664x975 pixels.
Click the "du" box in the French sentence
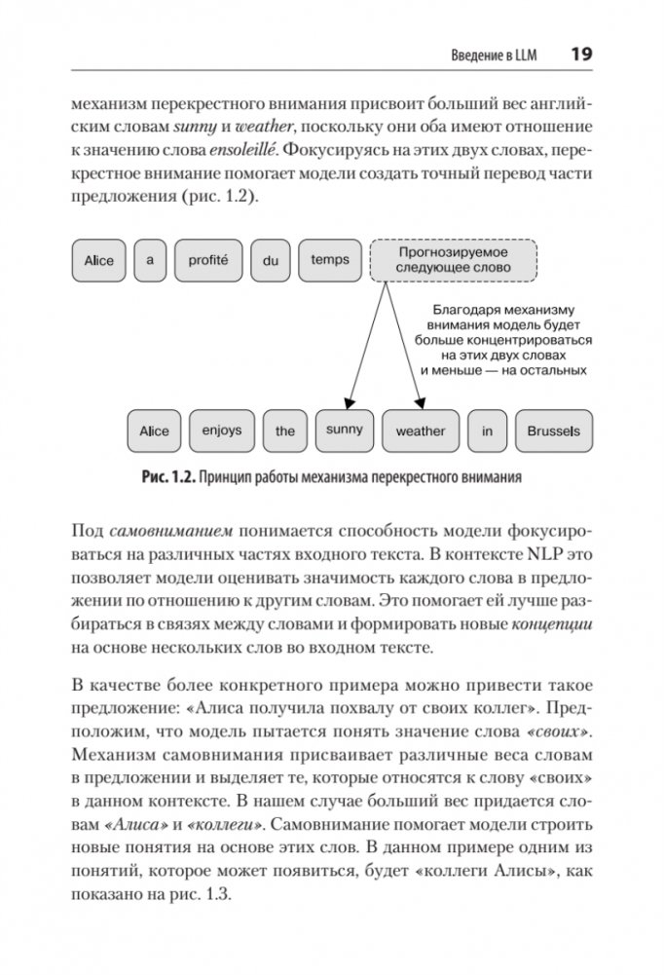pos(271,260)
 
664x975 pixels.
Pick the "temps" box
pos(330,260)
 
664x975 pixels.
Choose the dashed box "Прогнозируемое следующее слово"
pos(455,259)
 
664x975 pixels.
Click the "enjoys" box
pos(222,431)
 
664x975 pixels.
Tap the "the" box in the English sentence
pos(285,431)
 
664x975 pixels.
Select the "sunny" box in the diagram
pos(345,430)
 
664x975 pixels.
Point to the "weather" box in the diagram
pos(420,431)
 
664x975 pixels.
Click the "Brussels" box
pos(553,431)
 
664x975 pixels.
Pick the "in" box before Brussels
pos(487,431)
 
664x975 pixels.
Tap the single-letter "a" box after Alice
pos(151,260)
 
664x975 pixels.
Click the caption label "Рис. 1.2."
pos(168,478)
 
